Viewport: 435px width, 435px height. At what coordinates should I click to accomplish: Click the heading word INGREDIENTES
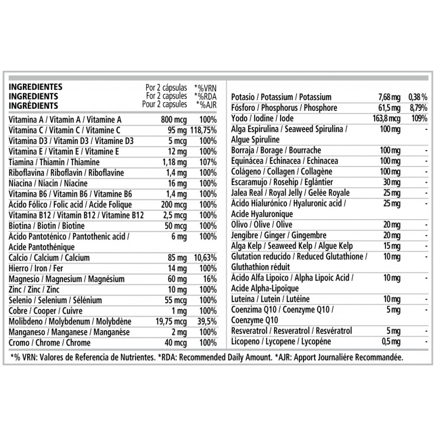(35, 87)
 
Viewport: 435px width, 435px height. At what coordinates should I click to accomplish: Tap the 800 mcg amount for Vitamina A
(175, 120)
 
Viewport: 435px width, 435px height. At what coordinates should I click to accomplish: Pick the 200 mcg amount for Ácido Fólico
(174, 204)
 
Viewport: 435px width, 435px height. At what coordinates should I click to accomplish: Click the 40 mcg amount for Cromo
(176, 343)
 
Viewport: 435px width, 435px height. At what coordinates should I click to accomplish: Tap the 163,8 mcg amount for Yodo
(386, 119)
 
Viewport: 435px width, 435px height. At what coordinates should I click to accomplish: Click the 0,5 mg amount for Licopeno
(389, 341)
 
